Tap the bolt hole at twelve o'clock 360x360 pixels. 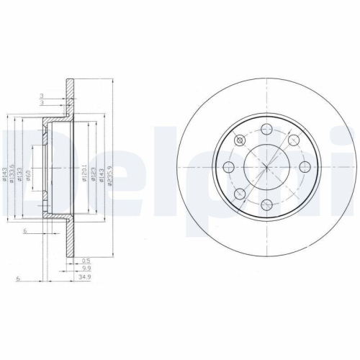[266, 130]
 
